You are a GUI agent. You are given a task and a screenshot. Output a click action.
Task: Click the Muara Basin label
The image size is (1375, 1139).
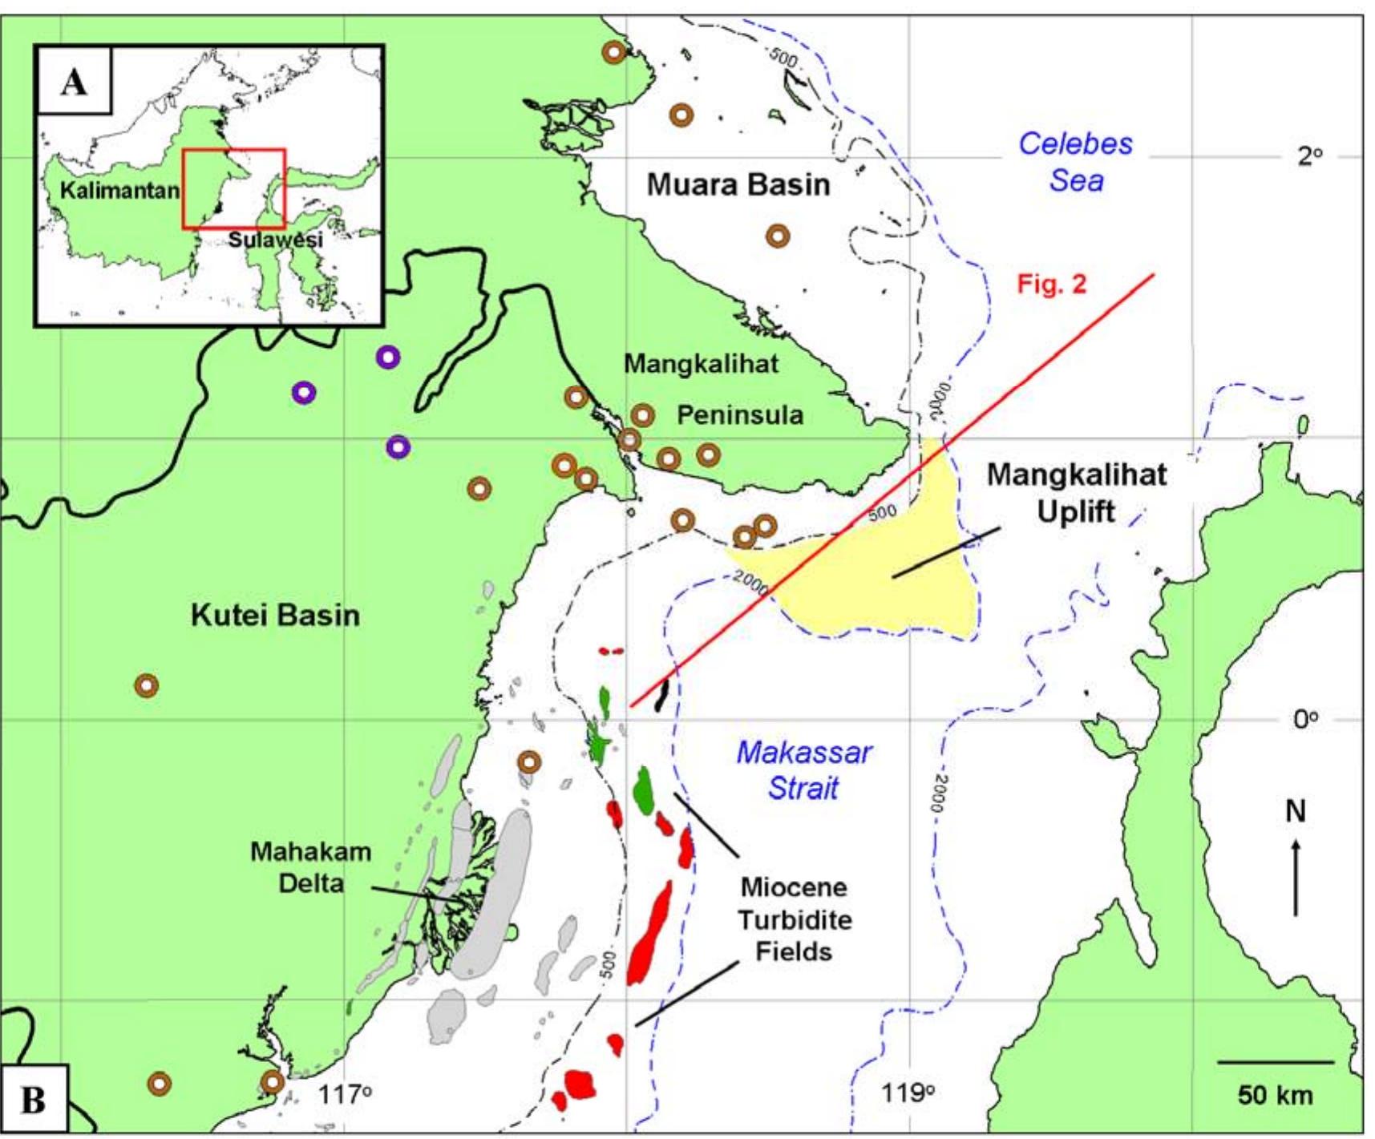[738, 184]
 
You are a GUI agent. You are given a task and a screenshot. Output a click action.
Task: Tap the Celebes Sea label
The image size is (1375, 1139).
[1075, 162]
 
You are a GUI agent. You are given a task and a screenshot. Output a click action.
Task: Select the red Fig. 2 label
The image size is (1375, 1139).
[1051, 284]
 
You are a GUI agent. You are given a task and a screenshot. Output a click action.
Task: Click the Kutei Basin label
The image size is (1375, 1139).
[275, 615]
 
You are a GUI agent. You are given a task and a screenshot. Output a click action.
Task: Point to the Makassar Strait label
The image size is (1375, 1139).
[803, 769]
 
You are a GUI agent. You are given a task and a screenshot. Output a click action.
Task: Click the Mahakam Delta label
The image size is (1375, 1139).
[310, 866]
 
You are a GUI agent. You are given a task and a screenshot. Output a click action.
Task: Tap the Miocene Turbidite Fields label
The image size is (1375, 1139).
[794, 919]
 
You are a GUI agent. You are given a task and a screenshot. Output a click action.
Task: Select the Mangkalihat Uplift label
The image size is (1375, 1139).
[1076, 492]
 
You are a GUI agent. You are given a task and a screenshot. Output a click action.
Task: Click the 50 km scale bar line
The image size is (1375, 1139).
[1275, 1063]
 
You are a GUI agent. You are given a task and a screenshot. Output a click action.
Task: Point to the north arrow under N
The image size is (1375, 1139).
[1295, 878]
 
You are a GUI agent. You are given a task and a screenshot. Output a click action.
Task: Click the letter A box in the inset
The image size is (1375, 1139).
[74, 81]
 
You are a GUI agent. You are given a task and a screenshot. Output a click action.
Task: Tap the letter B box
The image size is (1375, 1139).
[34, 1100]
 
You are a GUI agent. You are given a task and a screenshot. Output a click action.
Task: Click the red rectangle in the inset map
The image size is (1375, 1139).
[233, 189]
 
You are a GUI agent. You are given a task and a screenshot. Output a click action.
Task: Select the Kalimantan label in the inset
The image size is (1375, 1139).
[119, 191]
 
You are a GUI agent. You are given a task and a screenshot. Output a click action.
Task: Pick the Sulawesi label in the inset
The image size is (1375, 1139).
[275, 239]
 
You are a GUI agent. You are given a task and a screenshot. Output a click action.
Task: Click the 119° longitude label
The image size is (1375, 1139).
[908, 1092]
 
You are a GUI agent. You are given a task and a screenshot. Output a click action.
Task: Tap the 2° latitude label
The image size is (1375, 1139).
[1309, 156]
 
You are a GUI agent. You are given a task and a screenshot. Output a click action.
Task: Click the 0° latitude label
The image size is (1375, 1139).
[1305, 719]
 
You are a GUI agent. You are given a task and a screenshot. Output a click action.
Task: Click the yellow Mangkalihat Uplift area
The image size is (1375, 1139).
[874, 585]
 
